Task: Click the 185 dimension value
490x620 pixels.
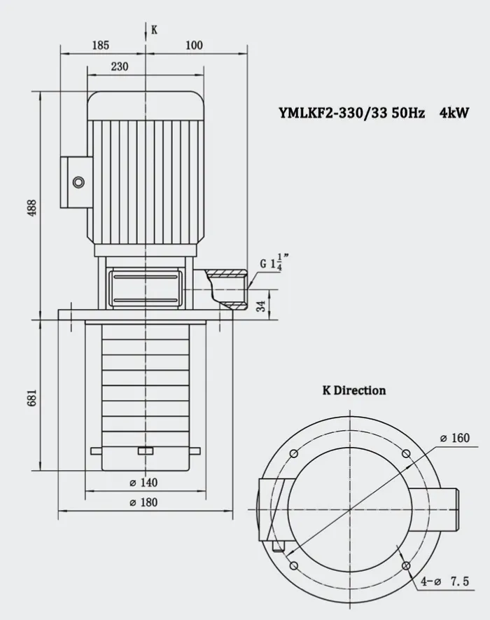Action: (x=100, y=45)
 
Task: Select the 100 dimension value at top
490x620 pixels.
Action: (x=194, y=45)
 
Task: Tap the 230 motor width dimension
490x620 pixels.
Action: (x=119, y=67)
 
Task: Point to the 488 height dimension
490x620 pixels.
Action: (x=33, y=207)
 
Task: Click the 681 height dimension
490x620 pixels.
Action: (x=32, y=397)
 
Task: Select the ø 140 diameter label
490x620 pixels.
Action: (x=143, y=483)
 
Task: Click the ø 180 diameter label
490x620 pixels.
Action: (x=143, y=502)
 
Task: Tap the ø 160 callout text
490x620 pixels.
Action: (x=455, y=438)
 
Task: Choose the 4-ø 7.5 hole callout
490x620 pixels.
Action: (x=445, y=581)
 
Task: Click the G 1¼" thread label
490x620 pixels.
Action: (x=274, y=263)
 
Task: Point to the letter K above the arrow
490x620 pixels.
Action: (x=154, y=30)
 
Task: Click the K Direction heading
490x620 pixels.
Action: (x=354, y=390)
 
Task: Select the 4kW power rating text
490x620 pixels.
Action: (x=454, y=113)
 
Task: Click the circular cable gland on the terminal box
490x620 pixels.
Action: (x=79, y=182)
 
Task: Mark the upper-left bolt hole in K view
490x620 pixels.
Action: (x=293, y=453)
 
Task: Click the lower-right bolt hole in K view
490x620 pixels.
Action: (x=406, y=566)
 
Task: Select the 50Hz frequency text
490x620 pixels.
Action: (x=409, y=113)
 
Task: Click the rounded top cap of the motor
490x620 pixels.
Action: (x=146, y=106)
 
